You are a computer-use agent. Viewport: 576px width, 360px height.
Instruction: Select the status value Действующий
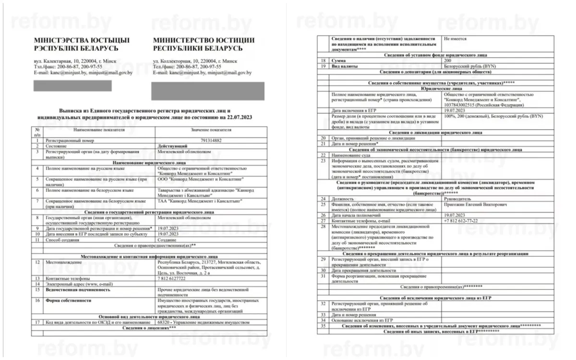[x=173, y=145]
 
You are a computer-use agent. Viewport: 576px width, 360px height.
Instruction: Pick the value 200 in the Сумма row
[x=448, y=60]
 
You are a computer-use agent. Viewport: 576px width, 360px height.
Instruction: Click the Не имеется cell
[x=456, y=38]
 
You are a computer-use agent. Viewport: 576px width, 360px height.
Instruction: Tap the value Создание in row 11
[x=168, y=239]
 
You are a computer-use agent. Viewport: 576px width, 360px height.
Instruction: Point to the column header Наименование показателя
[x=99, y=130]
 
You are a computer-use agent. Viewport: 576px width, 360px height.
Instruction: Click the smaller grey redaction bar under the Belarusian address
[x=73, y=86]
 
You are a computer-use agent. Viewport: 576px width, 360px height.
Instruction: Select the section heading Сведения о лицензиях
[x=149, y=328]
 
